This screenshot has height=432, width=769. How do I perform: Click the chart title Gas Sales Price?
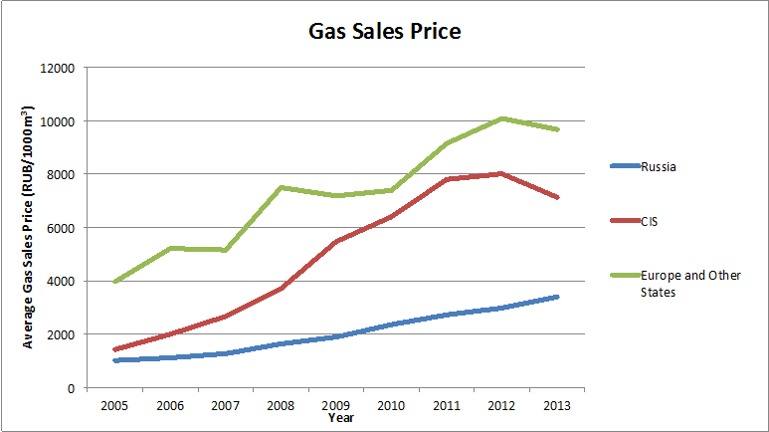click(x=384, y=31)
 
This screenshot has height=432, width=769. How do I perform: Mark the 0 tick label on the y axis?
click(x=73, y=387)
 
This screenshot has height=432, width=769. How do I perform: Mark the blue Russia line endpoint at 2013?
click(x=558, y=297)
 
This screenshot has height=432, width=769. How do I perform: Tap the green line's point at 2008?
click(x=283, y=187)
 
